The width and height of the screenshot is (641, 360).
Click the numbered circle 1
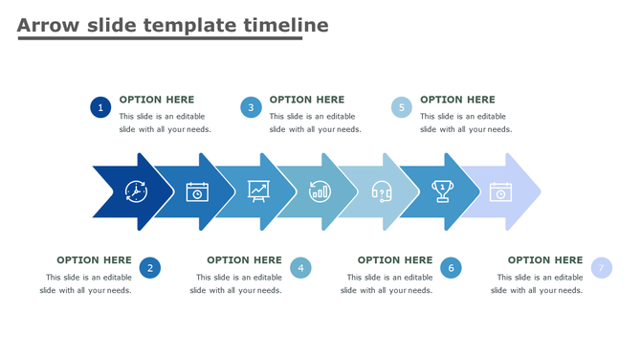(x=100, y=107)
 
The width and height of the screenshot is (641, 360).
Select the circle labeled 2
(x=149, y=268)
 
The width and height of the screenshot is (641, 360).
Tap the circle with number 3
(x=251, y=107)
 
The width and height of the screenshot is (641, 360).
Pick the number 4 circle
(x=300, y=268)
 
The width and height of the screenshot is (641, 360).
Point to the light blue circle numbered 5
(x=402, y=107)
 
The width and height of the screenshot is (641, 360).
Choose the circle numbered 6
(x=451, y=268)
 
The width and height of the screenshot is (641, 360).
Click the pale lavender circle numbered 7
(x=601, y=268)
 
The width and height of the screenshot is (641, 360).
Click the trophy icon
(x=442, y=191)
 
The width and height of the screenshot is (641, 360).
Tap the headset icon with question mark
(x=382, y=191)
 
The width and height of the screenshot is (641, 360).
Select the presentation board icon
(x=258, y=191)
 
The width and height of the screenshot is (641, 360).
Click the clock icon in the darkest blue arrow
(x=136, y=191)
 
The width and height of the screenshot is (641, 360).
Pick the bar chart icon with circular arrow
(x=320, y=191)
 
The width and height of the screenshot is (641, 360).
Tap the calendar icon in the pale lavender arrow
(x=500, y=191)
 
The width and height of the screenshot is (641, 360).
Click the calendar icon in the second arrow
(x=197, y=191)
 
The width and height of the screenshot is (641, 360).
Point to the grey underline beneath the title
(x=159, y=38)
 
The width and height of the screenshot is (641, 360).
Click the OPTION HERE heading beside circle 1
(x=157, y=100)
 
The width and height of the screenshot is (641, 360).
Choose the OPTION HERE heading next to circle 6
(x=394, y=259)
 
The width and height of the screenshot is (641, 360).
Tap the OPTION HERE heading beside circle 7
(x=544, y=259)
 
